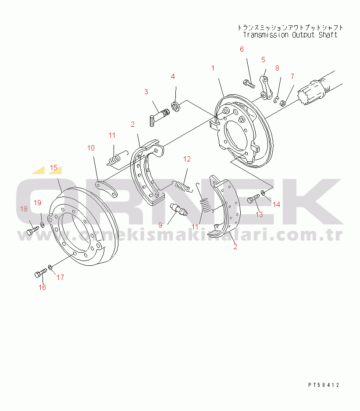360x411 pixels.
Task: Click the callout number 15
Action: coord(53,168)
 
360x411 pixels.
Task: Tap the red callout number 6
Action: coord(242,49)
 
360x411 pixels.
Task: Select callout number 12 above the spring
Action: coord(187,159)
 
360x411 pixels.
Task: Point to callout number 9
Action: coord(160,225)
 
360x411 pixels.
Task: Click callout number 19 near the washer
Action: coord(37,203)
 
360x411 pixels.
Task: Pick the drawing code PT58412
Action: coord(324,385)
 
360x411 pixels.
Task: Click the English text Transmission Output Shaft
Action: coord(290,35)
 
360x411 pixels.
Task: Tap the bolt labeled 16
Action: coord(41,273)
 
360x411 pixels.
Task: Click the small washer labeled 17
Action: coord(50,268)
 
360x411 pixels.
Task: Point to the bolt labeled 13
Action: coord(253,198)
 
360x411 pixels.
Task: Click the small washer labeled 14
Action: coord(263,193)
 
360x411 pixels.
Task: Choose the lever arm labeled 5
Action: coord(266,88)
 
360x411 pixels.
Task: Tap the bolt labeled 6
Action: coord(249,84)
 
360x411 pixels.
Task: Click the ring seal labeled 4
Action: coord(175,106)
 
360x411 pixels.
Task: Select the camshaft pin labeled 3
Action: coord(160,117)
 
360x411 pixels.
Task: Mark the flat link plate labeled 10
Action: coord(106,188)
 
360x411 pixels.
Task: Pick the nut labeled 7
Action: coord(283,103)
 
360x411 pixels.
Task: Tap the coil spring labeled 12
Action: coord(183,186)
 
